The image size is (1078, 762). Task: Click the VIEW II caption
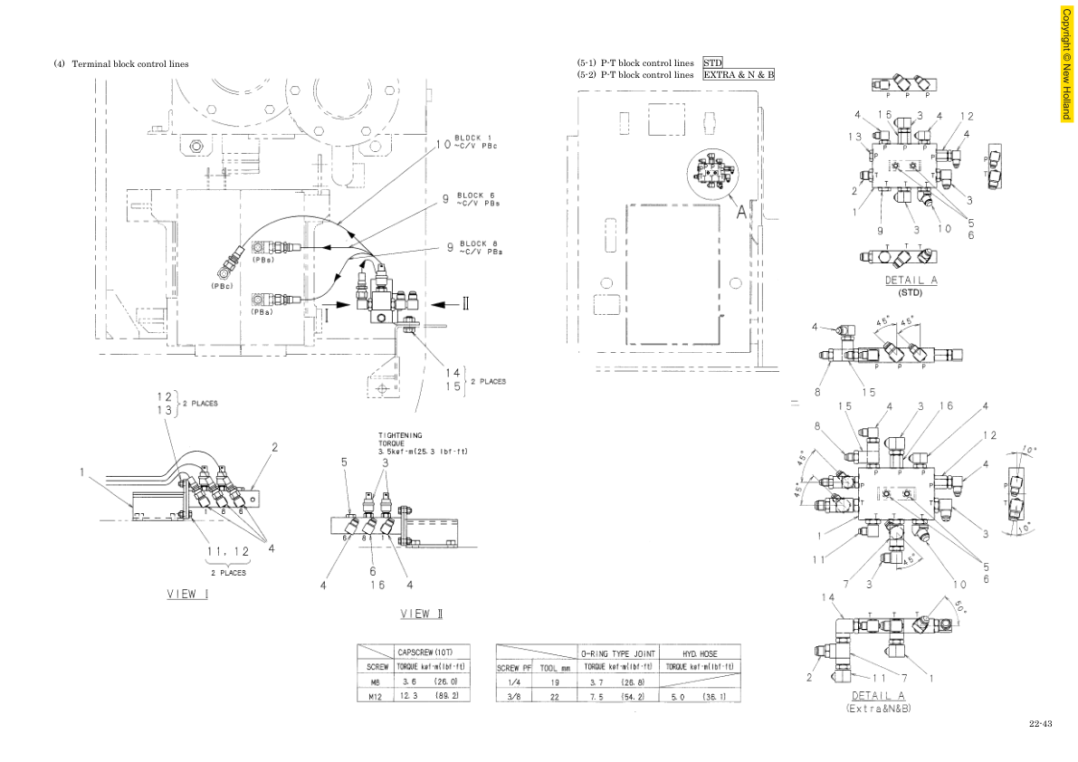[x=422, y=614]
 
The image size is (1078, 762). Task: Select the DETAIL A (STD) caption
[x=911, y=285]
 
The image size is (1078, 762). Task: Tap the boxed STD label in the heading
[x=712, y=62]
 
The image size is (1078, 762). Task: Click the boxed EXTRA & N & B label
[x=739, y=74]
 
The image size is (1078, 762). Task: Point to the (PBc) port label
[x=223, y=286]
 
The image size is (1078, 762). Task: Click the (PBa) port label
[x=262, y=311]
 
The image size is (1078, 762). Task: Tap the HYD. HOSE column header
[x=700, y=652]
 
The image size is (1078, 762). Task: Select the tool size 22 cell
[x=555, y=697]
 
